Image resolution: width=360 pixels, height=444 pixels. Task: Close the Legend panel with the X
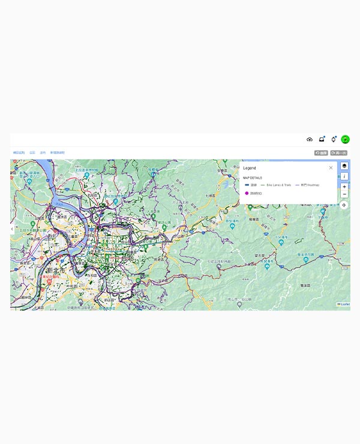point(331,168)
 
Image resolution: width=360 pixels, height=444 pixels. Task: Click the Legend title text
point(250,168)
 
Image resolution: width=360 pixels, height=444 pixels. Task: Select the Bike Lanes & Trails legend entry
point(278,185)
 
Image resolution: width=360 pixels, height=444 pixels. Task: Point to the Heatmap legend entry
point(310,185)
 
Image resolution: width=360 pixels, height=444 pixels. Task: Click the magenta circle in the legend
point(247,193)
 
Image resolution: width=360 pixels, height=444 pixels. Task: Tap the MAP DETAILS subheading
point(253,178)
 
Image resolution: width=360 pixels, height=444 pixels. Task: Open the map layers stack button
point(344,166)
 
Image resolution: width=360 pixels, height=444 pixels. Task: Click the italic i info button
point(344,176)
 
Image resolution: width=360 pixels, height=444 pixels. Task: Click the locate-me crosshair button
point(344,205)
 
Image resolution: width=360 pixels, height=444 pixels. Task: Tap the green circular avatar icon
point(346,139)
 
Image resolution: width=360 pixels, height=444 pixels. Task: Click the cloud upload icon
point(310,139)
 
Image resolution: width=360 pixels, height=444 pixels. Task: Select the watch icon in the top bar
point(334,139)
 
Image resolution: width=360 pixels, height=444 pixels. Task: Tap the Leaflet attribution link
point(345,305)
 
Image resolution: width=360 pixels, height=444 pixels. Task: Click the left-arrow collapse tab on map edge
point(12,229)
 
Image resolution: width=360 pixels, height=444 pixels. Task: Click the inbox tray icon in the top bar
point(322,139)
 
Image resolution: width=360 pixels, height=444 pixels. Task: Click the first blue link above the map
point(19,153)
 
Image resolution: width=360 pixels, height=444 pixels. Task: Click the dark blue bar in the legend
point(247,185)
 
